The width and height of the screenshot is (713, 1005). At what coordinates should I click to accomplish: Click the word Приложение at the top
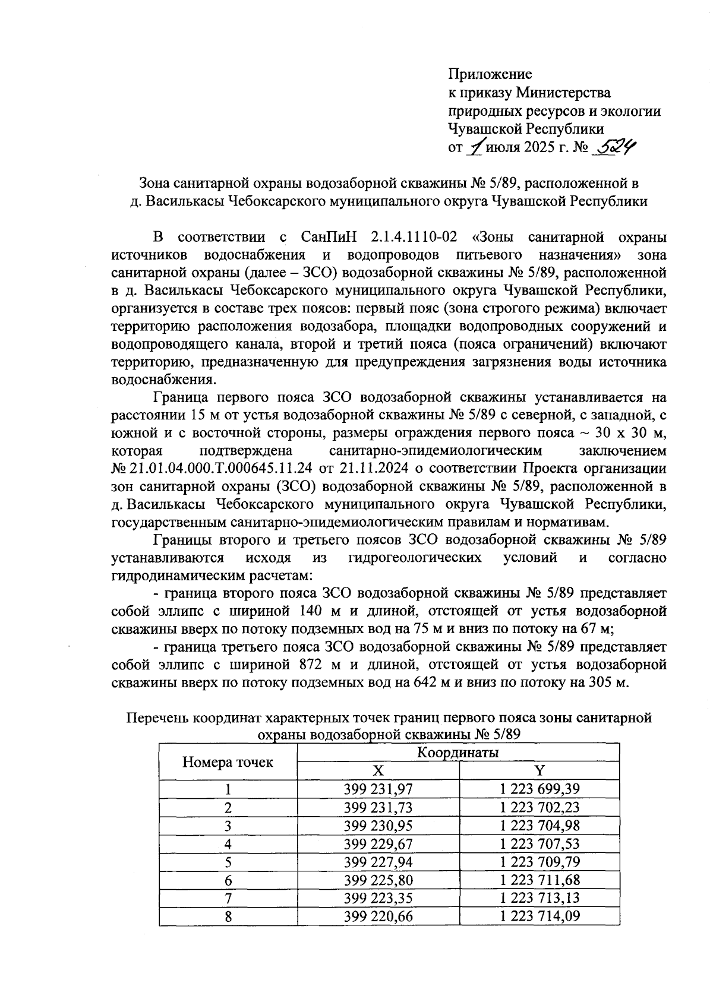[490, 74]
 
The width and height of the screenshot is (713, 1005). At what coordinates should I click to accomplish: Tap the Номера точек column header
[228, 762]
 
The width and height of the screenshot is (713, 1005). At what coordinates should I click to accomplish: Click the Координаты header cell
[458, 753]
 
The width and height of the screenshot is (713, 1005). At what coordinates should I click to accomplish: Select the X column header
[378, 770]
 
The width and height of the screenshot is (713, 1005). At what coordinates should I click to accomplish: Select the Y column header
[539, 770]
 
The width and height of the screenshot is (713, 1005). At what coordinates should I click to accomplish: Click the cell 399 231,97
[378, 789]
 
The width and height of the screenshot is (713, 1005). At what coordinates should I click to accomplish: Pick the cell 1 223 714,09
[539, 916]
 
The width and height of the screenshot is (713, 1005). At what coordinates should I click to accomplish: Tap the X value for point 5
[378, 861]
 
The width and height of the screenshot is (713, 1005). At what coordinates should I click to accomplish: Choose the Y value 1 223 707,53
[539, 843]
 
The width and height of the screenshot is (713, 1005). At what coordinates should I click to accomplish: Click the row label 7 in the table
[228, 897]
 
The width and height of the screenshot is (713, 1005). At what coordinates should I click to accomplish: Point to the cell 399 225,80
[378, 880]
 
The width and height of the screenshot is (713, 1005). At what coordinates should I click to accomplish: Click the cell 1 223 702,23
[539, 807]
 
